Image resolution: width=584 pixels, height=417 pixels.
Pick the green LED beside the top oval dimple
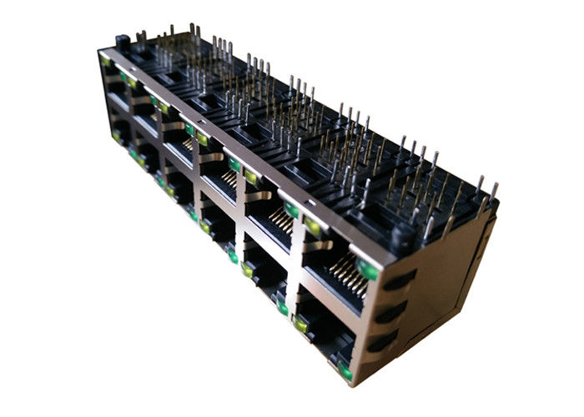tap(365, 269)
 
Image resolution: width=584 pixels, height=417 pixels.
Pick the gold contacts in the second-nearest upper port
tap(281, 224)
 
